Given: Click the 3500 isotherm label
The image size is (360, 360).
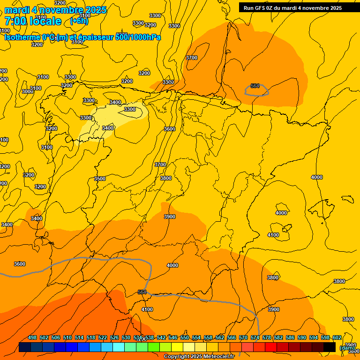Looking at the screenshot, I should coord(100,179).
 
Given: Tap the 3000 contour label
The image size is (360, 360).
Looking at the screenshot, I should coord(28,91).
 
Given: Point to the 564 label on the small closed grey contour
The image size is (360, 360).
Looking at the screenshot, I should coord(255,86).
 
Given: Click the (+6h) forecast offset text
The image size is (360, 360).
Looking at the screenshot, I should coord(79,21).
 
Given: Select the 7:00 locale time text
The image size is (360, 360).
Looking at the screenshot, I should coord(33,21).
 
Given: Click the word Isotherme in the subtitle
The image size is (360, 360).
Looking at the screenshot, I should coord(22,37).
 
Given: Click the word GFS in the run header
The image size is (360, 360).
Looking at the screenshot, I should coord(262,8).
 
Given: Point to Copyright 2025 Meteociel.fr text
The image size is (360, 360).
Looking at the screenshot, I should coord(199,357).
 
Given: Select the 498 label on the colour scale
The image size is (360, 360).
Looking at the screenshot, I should coord(32,338).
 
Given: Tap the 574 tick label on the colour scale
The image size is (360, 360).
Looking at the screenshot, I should coord(255,338).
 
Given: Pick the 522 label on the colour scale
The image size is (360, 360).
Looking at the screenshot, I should coord(103,338).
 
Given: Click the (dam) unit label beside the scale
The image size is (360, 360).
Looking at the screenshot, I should coord(347,348).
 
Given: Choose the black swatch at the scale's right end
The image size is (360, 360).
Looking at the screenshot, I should coord(330,347).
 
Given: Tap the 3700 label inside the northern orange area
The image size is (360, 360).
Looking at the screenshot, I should coord(192,58).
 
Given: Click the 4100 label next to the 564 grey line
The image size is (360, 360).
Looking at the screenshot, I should coord(147,309).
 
